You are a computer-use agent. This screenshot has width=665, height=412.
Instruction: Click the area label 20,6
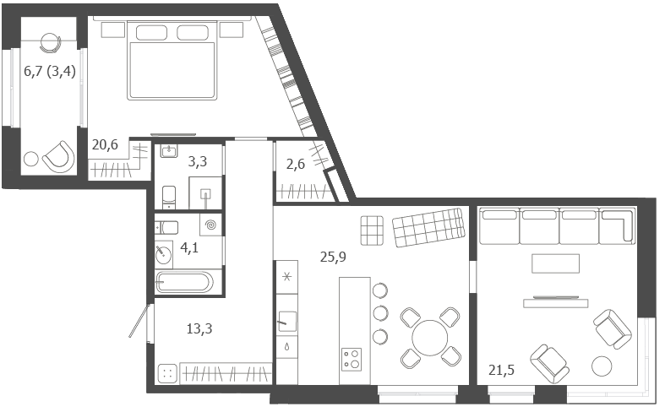105,145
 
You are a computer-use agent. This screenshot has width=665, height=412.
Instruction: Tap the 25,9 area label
333,257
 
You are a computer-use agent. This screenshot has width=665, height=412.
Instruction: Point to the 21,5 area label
501,370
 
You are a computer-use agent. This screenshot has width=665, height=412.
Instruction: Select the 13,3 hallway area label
199,328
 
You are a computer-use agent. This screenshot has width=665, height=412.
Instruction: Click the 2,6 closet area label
295,164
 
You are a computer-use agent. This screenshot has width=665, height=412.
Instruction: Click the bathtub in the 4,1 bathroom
184,282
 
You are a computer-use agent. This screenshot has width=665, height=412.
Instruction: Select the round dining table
429,338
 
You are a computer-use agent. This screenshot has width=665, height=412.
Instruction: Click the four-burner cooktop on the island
352,360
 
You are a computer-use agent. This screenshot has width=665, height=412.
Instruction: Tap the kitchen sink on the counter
287,321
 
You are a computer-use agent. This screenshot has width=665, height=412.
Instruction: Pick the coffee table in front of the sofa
556,263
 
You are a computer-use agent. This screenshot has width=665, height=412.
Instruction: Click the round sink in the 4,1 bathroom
163,255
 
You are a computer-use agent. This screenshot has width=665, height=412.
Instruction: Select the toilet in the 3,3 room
169,197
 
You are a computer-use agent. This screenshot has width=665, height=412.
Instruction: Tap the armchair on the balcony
59,157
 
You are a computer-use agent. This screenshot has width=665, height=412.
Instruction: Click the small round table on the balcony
31,159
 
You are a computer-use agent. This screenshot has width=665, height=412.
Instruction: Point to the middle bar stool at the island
380,313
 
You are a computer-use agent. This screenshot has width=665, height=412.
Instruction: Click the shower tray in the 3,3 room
205,192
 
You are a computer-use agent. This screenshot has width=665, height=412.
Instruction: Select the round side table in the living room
602,366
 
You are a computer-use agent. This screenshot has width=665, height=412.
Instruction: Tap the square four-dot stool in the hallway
167,373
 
